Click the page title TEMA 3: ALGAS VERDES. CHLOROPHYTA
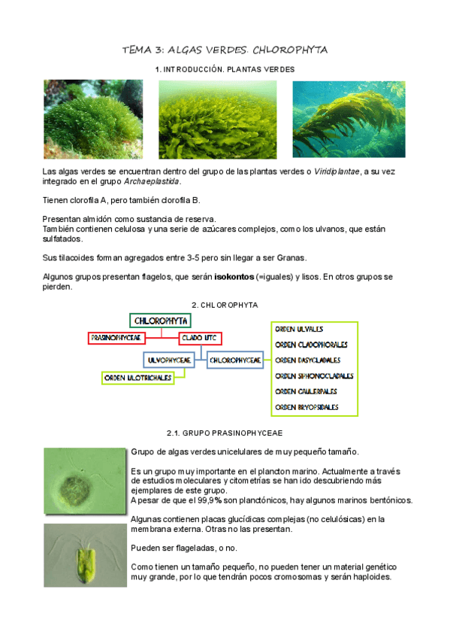pos(225,50)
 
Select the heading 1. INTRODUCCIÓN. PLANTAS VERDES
pos(225,69)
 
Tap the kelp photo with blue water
pos(349,119)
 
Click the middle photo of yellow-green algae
pos(214,119)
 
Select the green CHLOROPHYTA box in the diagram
pos(159,321)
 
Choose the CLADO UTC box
pos(201,339)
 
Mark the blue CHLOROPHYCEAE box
pos(235,360)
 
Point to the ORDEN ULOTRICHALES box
pos(137,377)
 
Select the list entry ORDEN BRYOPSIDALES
pos(307,407)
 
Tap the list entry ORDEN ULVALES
pos(300,329)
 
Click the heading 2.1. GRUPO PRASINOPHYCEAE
pos(225,433)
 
